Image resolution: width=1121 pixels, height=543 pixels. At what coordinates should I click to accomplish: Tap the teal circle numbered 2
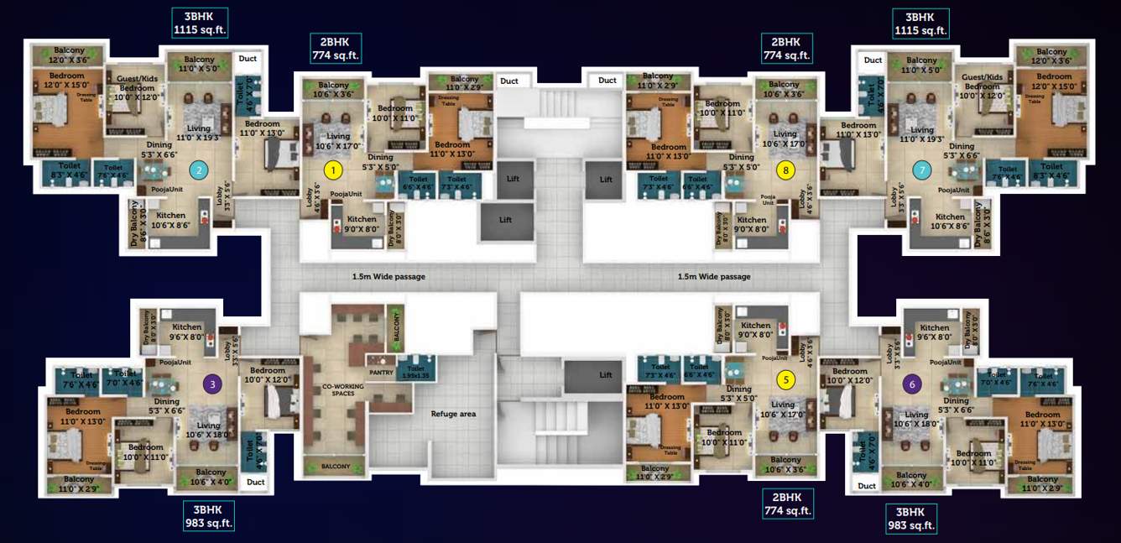click(199, 170)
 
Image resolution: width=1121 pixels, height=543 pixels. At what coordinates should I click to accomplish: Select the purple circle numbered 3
click(213, 384)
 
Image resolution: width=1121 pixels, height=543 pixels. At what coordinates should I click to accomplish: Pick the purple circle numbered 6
click(912, 384)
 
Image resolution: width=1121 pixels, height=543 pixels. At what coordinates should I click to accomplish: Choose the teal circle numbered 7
click(922, 170)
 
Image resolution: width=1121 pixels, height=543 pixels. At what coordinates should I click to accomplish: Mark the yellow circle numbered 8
click(786, 170)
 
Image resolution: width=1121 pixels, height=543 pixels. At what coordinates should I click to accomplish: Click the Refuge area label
click(454, 414)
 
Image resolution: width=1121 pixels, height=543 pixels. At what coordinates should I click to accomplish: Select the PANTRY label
click(381, 373)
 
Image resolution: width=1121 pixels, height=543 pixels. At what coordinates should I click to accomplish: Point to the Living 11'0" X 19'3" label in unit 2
click(199, 133)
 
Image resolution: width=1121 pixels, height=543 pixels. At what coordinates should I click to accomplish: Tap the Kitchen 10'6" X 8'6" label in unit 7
click(950, 221)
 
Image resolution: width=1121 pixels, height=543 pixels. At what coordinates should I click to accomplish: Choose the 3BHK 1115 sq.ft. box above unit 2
click(199, 23)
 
